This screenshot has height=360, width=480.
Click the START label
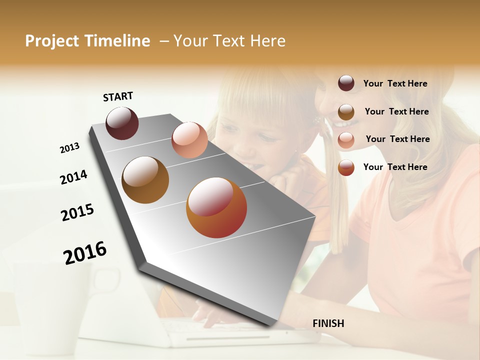pos(118,96)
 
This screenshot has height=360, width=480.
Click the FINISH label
pos(328,323)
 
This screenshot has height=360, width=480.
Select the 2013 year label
pos(69,148)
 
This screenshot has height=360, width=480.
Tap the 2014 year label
pos(73,177)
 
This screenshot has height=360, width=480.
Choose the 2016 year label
pos(85,252)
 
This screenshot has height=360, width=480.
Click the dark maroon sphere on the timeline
pos(122,123)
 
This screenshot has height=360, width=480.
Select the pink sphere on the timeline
pos(189,140)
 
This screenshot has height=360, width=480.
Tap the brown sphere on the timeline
pos(145,179)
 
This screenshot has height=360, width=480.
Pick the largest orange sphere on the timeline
pos(216,207)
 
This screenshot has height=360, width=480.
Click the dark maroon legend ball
pos(346,83)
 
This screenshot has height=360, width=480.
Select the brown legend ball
pos(346,112)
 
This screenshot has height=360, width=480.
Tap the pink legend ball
pos(346,140)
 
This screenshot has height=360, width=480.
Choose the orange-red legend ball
pos(346,167)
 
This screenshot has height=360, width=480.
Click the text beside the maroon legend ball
pos(395,83)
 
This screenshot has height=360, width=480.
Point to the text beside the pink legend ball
pos(397,139)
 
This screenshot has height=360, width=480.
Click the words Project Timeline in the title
pos(87,41)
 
